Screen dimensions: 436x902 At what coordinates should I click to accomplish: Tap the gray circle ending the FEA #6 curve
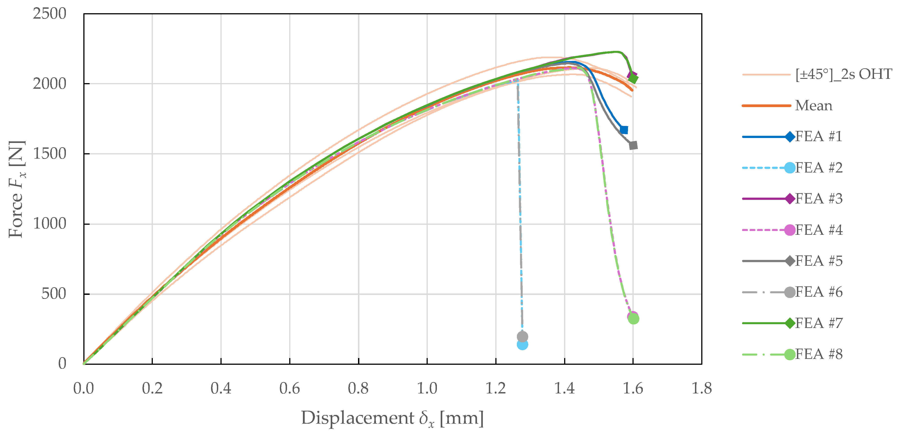coord(522,337)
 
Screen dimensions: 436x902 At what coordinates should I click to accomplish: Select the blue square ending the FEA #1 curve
coord(624,130)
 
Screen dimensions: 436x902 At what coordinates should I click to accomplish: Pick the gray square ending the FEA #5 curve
coord(633,145)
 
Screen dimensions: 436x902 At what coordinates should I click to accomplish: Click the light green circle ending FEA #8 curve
coord(633,319)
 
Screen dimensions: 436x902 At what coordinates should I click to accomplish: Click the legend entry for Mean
coord(814,105)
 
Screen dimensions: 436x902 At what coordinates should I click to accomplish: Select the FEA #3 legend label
coord(819,199)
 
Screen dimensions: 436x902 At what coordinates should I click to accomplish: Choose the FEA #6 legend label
coord(819,292)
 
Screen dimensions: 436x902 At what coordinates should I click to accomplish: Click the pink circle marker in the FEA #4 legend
coord(790,230)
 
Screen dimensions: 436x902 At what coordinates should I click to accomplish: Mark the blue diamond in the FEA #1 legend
coord(790,137)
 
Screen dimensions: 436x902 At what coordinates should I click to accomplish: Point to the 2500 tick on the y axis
coord(49,14)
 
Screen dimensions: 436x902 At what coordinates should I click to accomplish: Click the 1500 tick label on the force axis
coord(49,154)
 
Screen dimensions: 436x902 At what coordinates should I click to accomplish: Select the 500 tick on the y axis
coord(54,294)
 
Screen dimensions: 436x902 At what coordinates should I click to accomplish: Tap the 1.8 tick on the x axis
coord(701,388)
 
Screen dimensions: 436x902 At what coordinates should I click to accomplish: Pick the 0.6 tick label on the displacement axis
coord(290,388)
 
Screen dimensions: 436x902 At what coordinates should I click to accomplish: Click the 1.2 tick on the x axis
coord(495,388)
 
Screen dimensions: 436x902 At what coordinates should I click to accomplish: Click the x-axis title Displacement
coord(392,418)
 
